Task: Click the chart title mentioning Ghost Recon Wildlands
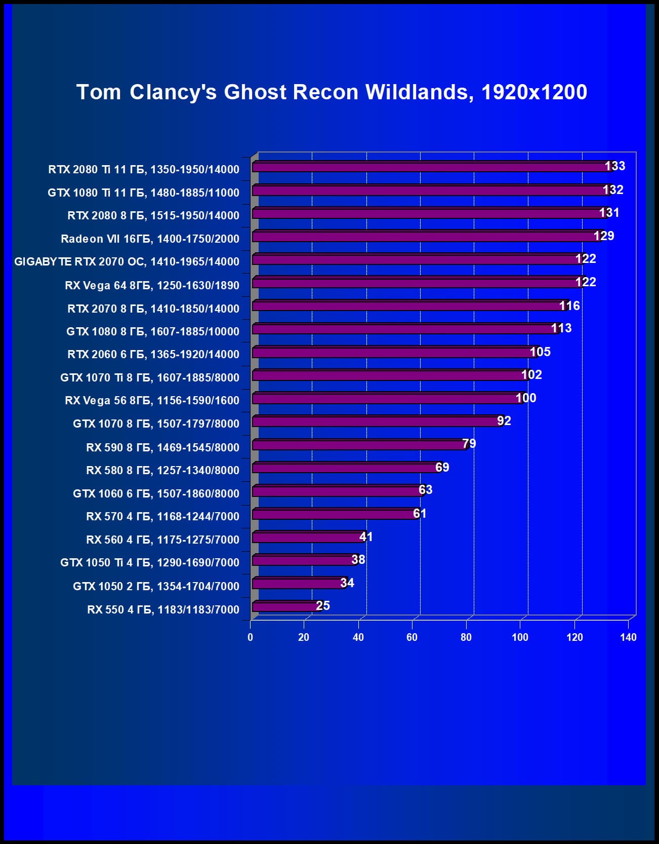pyautogui.click(x=332, y=92)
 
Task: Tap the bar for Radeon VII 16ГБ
pyautogui.click(x=425, y=237)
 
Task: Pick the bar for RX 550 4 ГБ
pyautogui.click(x=286, y=606)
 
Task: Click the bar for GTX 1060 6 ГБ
pyautogui.click(x=337, y=491)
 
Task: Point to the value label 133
pyautogui.click(x=615, y=166)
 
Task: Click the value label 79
pyautogui.click(x=469, y=444)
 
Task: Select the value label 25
pyautogui.click(x=323, y=605)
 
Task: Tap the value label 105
pyautogui.click(x=540, y=352)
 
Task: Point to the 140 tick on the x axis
pyautogui.click(x=628, y=637)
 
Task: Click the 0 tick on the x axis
pyautogui.click(x=250, y=637)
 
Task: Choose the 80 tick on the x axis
pyautogui.click(x=466, y=637)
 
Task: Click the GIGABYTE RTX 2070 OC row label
pyautogui.click(x=127, y=261)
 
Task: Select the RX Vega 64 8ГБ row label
pyautogui.click(x=152, y=285)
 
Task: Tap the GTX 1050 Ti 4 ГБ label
pyautogui.click(x=149, y=562)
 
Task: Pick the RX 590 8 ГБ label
pyautogui.click(x=162, y=447)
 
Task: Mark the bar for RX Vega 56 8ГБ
pyautogui.click(x=387, y=398)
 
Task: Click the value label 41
pyautogui.click(x=366, y=536)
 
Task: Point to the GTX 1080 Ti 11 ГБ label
pyautogui.click(x=143, y=193)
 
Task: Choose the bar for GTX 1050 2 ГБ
pyautogui.click(x=299, y=584)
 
